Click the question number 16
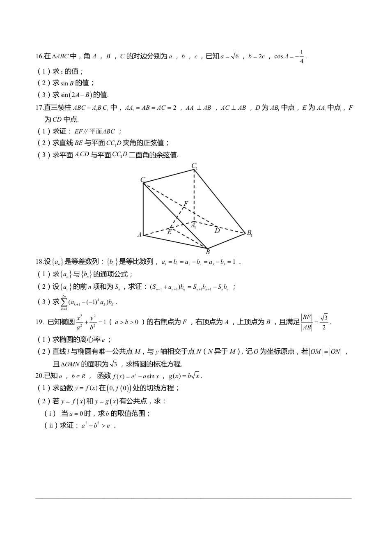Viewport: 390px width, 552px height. (x=39, y=57)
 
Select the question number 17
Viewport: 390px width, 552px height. (x=39, y=108)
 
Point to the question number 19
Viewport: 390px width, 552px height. (x=39, y=322)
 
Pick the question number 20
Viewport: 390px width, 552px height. (x=39, y=376)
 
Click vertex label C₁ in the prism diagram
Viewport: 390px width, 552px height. (x=195, y=166)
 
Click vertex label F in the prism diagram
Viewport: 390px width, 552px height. (x=186, y=204)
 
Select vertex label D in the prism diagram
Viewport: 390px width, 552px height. (x=217, y=231)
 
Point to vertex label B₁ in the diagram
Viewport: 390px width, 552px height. (x=249, y=233)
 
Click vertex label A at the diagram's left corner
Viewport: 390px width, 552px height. (x=140, y=235)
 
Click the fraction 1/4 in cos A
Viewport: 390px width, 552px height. (x=302, y=57)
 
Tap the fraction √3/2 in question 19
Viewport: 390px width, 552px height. (x=324, y=322)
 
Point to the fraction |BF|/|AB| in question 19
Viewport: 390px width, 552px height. (x=307, y=322)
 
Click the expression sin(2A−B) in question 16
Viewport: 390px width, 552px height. (x=76, y=95)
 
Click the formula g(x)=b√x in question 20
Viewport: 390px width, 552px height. (x=185, y=376)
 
